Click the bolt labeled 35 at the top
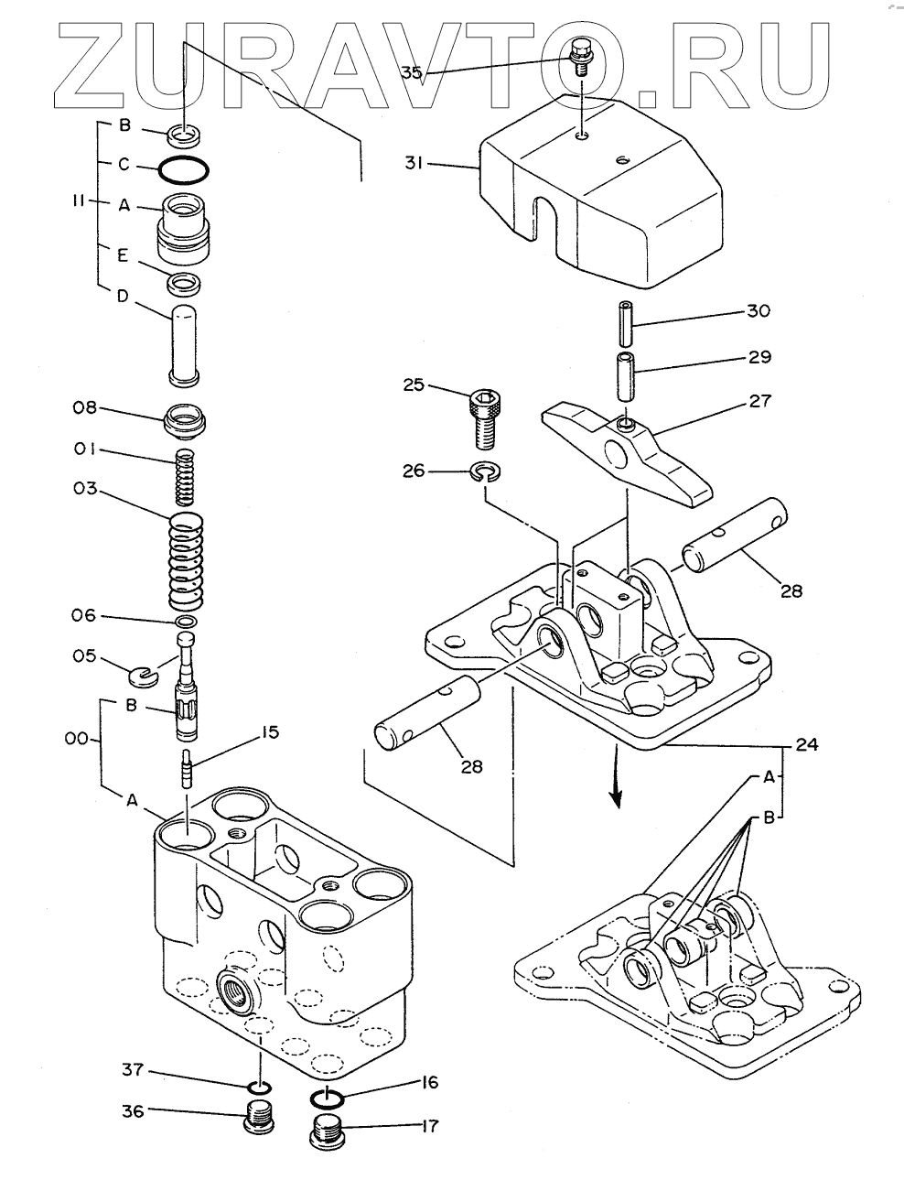point(580,57)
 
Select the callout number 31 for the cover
point(414,162)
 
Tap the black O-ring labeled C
point(184,168)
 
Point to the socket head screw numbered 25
point(485,418)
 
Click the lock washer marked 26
point(485,471)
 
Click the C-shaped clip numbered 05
point(144,676)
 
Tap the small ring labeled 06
point(186,621)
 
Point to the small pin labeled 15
point(187,768)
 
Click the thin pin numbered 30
point(625,325)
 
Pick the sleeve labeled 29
point(625,377)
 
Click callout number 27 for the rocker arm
point(759,401)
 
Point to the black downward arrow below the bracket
point(616,776)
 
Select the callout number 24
point(806,744)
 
